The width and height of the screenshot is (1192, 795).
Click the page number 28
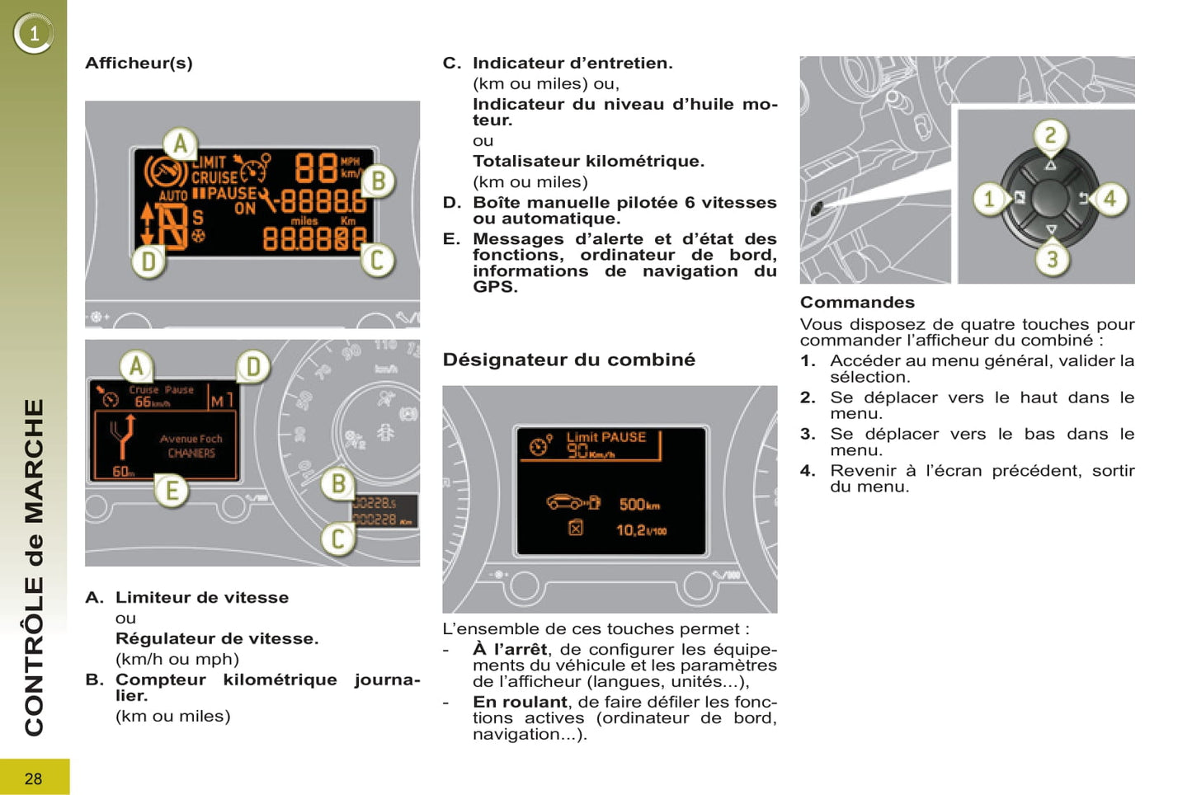[33, 779]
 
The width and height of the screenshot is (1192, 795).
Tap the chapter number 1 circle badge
[34, 34]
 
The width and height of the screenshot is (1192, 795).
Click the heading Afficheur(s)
[139, 64]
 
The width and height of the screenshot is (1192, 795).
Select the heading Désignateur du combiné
[568, 360]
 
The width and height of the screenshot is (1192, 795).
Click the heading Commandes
[857, 302]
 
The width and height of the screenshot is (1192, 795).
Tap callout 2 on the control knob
[1050, 135]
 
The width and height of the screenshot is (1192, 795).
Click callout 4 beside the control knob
[1110, 198]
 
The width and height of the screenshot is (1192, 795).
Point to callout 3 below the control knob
[1052, 259]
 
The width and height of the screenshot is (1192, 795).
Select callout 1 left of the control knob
[989, 198]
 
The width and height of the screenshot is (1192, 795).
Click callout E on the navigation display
[172, 491]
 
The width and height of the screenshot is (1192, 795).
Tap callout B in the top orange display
[378, 181]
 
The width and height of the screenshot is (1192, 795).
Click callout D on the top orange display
[148, 262]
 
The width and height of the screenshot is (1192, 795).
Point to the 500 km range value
[638, 504]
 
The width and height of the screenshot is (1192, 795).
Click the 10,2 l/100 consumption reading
[641, 529]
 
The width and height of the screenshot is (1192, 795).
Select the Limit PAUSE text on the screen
[605, 437]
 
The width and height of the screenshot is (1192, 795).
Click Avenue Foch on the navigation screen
[191, 440]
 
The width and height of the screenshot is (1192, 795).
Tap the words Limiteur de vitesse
[202, 598]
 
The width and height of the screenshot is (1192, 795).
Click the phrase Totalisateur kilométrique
[588, 162]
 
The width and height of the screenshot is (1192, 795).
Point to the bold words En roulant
[520, 702]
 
